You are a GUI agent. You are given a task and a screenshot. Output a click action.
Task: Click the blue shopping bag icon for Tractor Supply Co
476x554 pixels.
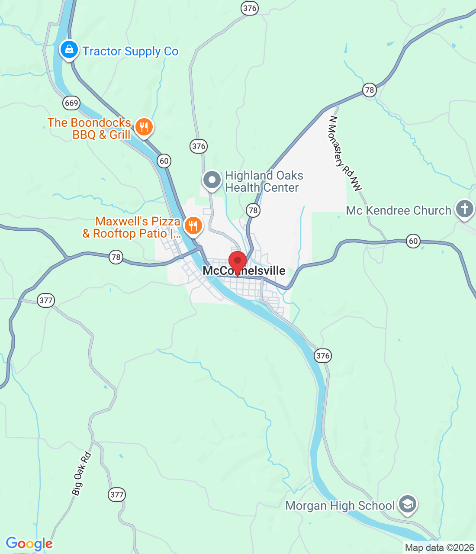[x=69, y=50]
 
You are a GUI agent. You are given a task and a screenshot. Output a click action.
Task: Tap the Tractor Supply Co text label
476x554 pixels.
[x=130, y=52]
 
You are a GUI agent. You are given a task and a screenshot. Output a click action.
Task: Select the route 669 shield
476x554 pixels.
[x=71, y=103]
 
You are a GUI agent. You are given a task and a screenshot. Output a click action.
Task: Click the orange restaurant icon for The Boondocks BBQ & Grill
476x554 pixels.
[x=144, y=127]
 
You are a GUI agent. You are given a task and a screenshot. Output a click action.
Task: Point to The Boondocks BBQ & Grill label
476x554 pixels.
[x=89, y=129]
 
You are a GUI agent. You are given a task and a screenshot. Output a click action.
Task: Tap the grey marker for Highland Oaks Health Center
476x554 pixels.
[x=212, y=180]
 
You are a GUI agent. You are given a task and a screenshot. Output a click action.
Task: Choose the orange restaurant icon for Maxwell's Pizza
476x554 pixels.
[x=193, y=226]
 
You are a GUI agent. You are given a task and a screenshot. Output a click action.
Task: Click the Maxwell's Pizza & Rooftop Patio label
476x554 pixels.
[x=132, y=227]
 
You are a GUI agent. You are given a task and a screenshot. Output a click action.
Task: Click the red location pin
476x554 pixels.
[x=237, y=261]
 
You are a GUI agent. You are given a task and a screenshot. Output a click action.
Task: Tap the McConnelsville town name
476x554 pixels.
[x=244, y=271]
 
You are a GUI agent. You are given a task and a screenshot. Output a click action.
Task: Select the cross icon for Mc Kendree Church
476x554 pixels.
[x=464, y=209]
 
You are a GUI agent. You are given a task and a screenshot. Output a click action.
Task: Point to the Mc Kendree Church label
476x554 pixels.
[x=399, y=211]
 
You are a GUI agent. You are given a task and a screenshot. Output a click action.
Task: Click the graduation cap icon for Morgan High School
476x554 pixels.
[x=407, y=504]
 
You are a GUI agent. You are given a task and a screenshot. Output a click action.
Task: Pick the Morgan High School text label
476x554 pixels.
[x=340, y=506]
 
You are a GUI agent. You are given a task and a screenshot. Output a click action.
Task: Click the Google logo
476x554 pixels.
[x=29, y=544]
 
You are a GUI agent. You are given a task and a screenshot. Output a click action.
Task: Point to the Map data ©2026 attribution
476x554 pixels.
[x=439, y=548]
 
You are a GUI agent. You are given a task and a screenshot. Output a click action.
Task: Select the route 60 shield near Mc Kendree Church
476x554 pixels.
[x=413, y=241]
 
